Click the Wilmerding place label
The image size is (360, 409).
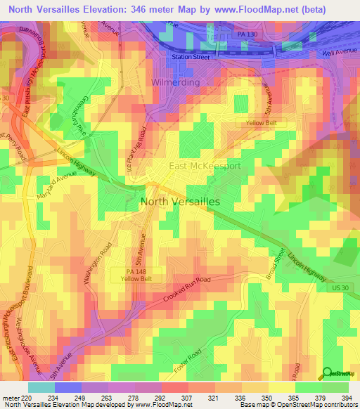pos(176,82)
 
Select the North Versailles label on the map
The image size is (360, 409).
pos(181,201)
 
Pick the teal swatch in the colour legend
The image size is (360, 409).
pos(41,387)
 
